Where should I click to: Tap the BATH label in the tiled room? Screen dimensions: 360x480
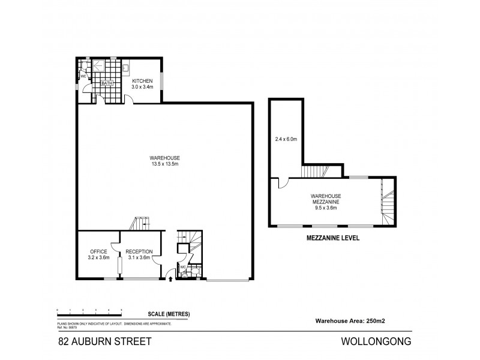[106, 83]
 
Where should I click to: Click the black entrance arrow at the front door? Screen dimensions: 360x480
[172, 278]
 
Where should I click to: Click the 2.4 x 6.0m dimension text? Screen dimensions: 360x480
[286, 139]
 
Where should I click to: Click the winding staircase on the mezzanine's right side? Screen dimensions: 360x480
[386, 204]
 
